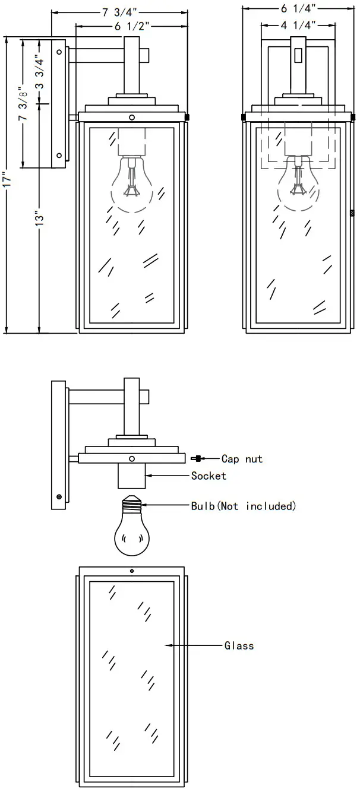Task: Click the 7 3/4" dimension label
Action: pos(119,12)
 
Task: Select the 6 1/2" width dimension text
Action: pos(132,26)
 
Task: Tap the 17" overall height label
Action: pos(7,180)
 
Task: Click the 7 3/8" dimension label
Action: pos(23,104)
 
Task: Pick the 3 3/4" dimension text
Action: pos(40,72)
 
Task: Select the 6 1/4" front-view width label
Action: pos(298,8)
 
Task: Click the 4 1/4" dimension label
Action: pos(298,25)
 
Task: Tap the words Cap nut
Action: pos(242,459)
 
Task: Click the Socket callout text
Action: pos(209,476)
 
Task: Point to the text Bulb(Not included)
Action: pos(244,506)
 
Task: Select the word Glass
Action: pos(239,645)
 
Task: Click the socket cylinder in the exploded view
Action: pos(132,476)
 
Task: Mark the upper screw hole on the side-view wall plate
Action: pos(59,52)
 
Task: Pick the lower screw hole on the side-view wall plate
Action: pos(59,155)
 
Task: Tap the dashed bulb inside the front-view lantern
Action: pos(298,184)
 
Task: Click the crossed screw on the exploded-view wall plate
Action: pos(59,497)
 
